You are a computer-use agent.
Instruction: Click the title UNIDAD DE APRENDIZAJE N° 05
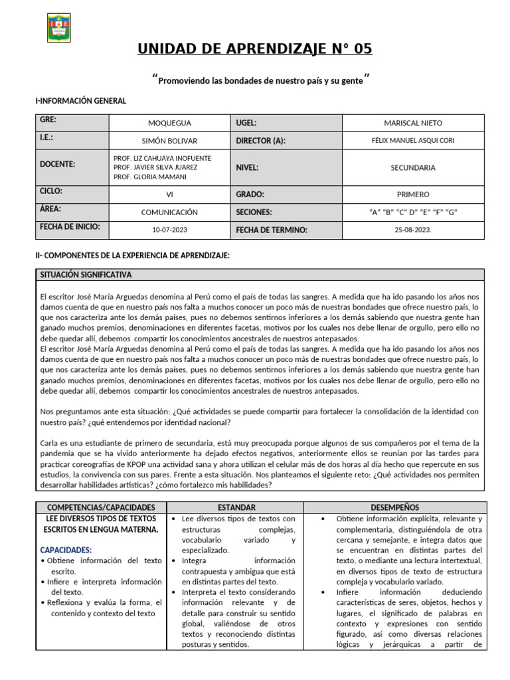[x=255, y=49]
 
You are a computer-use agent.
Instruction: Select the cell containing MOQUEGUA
[x=169, y=123]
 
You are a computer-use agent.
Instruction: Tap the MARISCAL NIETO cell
[x=412, y=123]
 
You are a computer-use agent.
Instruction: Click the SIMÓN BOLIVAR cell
[x=169, y=141]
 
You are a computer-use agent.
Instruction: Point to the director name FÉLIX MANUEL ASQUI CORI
[x=412, y=141]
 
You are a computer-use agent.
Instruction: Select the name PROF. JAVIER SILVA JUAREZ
[x=155, y=167]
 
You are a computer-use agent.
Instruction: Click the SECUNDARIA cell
[x=412, y=168]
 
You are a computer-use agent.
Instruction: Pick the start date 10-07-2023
[x=169, y=230]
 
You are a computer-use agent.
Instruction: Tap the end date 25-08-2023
[x=412, y=230]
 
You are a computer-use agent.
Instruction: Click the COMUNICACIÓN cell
[x=169, y=212]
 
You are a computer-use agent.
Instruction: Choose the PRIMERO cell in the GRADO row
[x=412, y=195]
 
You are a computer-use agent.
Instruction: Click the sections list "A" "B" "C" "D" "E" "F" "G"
[x=412, y=212]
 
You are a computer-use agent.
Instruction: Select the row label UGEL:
[x=246, y=123]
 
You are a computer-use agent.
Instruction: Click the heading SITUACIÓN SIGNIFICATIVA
[x=86, y=274]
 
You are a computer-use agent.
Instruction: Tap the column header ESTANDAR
[x=233, y=507]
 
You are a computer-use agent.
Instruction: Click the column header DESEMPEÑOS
[x=395, y=507]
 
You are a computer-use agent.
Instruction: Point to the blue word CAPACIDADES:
[x=66, y=550]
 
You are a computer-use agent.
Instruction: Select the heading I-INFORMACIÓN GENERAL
[x=80, y=100]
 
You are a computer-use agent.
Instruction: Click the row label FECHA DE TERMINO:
[x=272, y=230]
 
